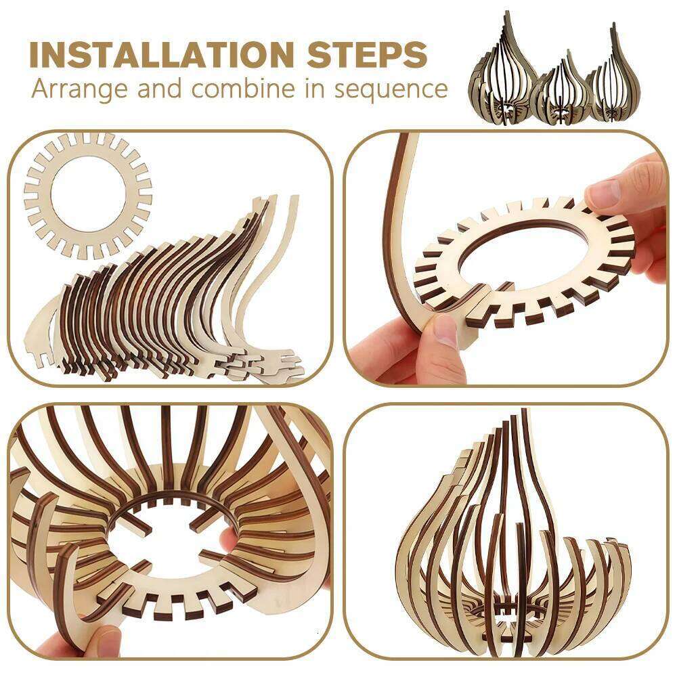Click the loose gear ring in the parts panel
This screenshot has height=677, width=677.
click(88, 196)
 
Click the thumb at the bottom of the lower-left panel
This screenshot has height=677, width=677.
click(102, 640)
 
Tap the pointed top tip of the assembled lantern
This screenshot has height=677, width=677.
click(523, 414)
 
